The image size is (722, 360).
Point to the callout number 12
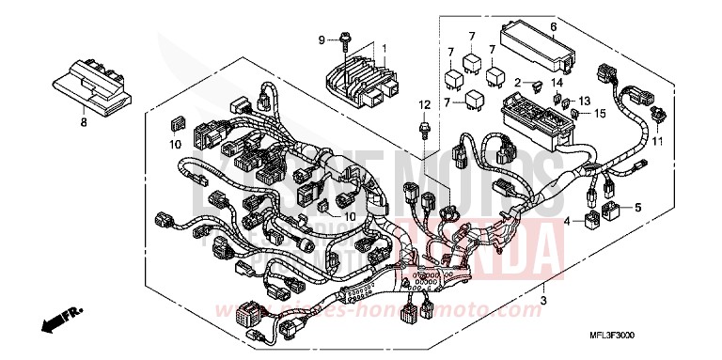click(x=425, y=103)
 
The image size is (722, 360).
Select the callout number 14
click(x=557, y=84)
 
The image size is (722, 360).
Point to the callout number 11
click(x=657, y=142)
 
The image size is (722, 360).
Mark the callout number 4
click(x=567, y=222)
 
